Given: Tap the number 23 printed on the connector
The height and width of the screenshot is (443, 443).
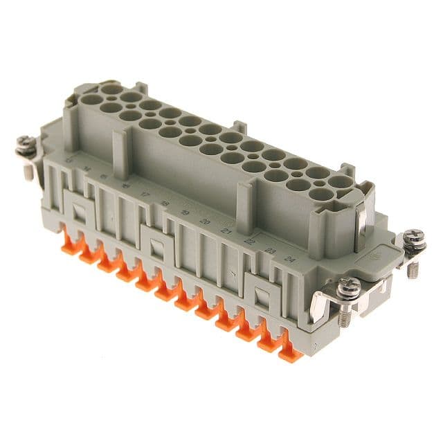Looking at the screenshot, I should pyautogui.click(x=271, y=251).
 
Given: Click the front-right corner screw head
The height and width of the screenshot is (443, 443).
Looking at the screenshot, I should pyautogui.click(x=348, y=285).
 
